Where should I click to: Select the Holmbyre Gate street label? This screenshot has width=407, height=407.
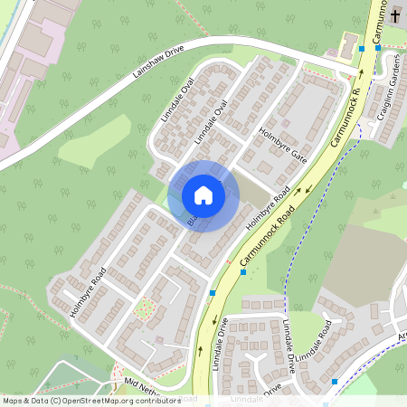(283, 144)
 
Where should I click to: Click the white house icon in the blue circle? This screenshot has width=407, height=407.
(203, 195)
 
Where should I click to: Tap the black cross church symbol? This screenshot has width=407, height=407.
(396, 15)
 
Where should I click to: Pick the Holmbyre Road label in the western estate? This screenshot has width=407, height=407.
(88, 291)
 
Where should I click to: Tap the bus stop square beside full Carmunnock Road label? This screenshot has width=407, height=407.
(242, 270)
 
